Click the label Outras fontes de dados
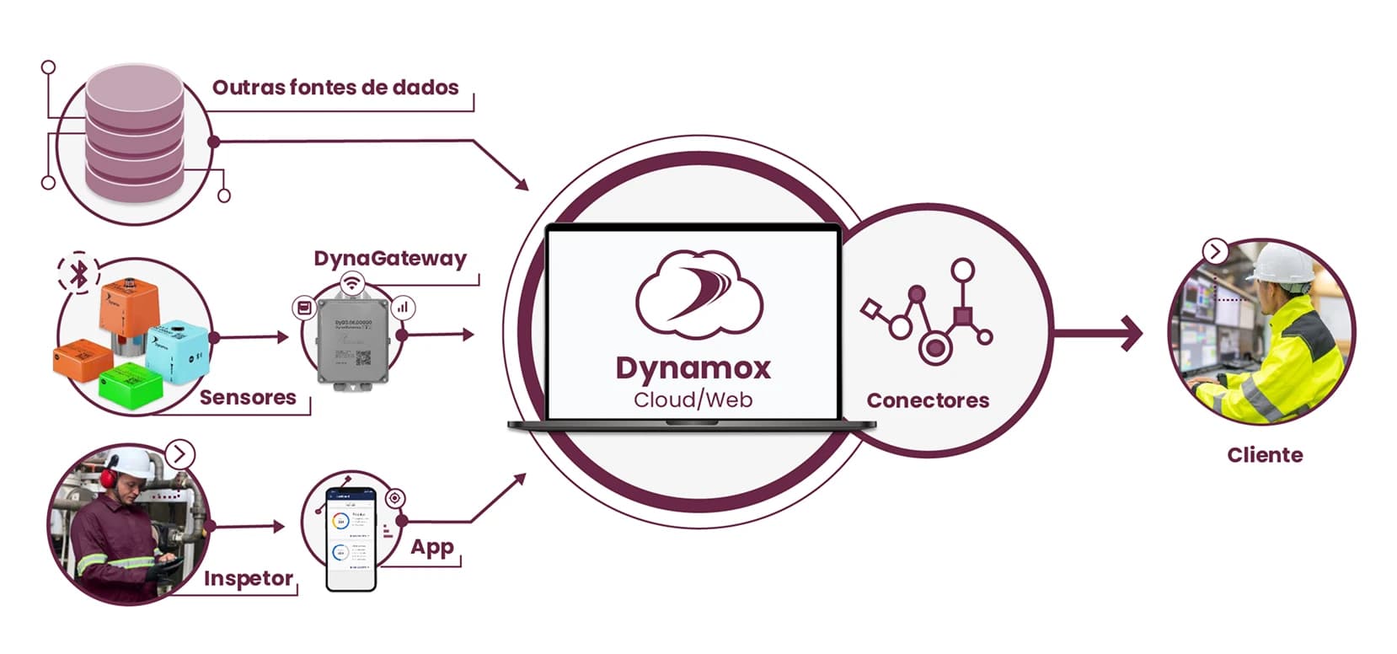click(x=335, y=88)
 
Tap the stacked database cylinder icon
click(x=134, y=135)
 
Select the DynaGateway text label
click(x=389, y=258)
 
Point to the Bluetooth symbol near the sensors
click(x=78, y=273)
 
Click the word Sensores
click(x=247, y=398)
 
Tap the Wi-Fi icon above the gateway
click(x=351, y=283)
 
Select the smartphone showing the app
click(x=351, y=539)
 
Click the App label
click(x=431, y=548)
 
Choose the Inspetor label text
click(x=248, y=579)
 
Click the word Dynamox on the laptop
click(x=693, y=368)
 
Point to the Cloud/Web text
click(x=693, y=399)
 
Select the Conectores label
click(x=927, y=400)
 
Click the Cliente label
click(x=1264, y=455)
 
